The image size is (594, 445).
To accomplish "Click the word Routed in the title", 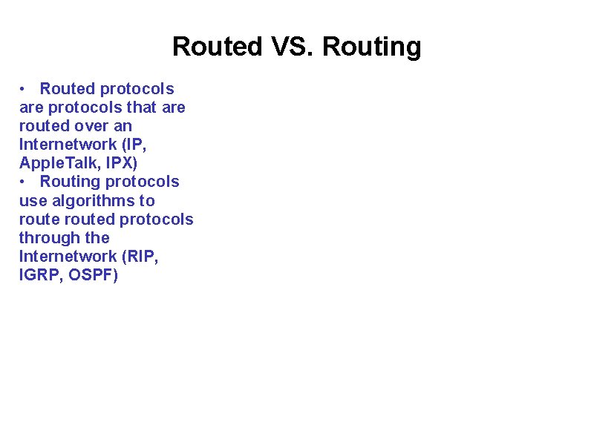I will pyautogui.click(x=218, y=47).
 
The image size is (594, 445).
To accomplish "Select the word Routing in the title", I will pyautogui.click(x=372, y=47).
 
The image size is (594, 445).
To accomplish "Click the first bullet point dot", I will pyautogui.click(x=24, y=89).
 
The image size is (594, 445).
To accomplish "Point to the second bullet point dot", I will pyautogui.click(x=24, y=182).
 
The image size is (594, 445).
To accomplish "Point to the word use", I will pyautogui.click(x=33, y=200).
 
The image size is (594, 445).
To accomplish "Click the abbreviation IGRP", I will pyautogui.click(x=40, y=275).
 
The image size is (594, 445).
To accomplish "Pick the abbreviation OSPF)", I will pyautogui.click(x=94, y=275).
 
